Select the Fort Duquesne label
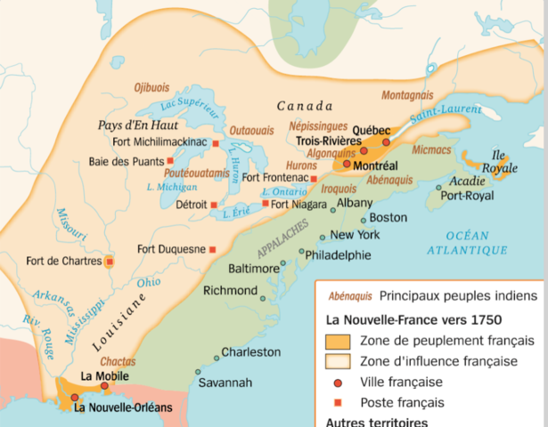[x=173, y=249]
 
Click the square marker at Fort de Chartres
[x=109, y=262]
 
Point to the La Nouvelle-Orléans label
[x=123, y=408]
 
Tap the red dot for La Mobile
[x=104, y=386]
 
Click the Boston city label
[x=388, y=217]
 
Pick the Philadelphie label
[x=338, y=254]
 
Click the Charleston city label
[x=250, y=352]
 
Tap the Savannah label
[x=225, y=383]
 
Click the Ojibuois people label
[x=152, y=87]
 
